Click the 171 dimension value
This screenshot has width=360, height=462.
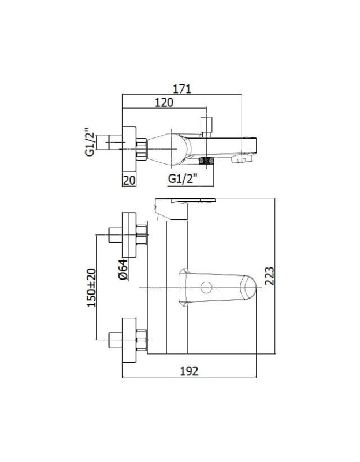pos(181,89)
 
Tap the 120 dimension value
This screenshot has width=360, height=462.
pos(164,102)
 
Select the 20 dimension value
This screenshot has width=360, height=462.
pos(129,180)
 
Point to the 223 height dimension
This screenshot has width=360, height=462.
pos(269,276)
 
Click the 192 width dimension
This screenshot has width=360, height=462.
pos(189,371)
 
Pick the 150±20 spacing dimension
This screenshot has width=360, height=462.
pos(91,288)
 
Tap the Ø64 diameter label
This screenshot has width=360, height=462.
pos(123,269)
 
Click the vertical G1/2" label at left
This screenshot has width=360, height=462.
pos(90,141)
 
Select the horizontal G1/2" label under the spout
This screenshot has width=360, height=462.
pos(183,179)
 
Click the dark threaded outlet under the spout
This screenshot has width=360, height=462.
pos(206,161)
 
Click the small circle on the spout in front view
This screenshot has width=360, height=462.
pos(206,287)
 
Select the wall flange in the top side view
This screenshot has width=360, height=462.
pos(129,149)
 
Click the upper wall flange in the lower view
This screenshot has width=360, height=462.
pos(129,234)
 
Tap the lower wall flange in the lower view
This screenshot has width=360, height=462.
pos(129,340)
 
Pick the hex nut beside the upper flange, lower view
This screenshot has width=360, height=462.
pos(142,234)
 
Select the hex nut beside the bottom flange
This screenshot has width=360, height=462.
pos(142,340)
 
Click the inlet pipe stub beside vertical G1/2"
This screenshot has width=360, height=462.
pos(109,142)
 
